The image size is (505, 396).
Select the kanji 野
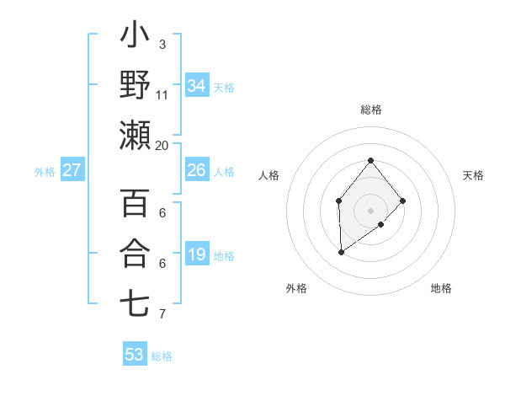[135, 84]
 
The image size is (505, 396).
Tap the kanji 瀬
[135, 135]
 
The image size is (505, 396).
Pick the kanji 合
[135, 253]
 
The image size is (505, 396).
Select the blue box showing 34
[197, 86]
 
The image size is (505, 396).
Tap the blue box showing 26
[197, 170]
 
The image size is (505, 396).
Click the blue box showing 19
[197, 254]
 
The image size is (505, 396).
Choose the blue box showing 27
[72, 170]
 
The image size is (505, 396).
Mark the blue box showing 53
[135, 355]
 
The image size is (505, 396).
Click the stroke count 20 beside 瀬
[162, 145]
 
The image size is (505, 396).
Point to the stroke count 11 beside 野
[162, 94]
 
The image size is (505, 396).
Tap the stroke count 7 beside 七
[162, 314]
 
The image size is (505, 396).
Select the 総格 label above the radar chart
[370, 110]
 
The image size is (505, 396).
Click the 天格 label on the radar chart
[473, 175]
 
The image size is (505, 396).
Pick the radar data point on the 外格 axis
[341, 252]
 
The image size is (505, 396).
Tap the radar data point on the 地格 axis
[381, 224]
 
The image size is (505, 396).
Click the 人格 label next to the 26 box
[224, 171]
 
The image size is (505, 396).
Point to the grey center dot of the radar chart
[370, 210]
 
